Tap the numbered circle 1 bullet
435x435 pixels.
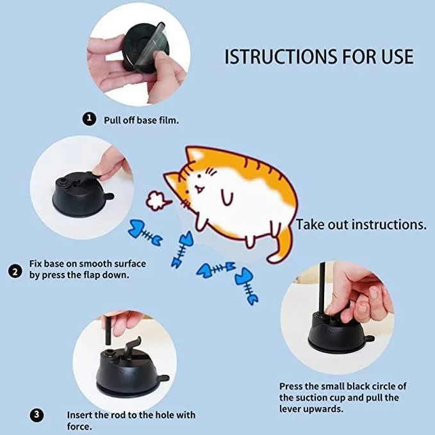[x=90, y=119]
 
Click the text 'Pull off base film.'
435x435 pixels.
[x=142, y=119]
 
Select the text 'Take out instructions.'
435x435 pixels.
[x=361, y=225]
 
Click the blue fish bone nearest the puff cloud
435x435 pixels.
[x=145, y=233]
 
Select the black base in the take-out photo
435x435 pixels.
[x=334, y=333]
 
